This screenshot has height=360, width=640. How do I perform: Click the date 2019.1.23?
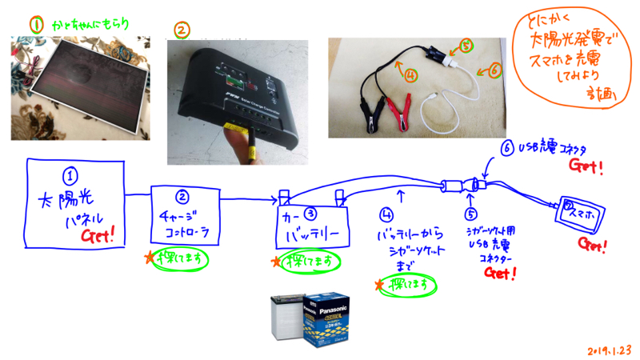(x=609, y=349)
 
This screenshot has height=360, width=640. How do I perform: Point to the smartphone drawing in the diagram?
(x=579, y=212)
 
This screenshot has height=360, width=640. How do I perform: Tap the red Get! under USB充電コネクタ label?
(x=586, y=166)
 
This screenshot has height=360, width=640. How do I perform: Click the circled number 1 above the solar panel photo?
(x=35, y=25)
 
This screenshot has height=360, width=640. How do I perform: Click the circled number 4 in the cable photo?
(x=410, y=76)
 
